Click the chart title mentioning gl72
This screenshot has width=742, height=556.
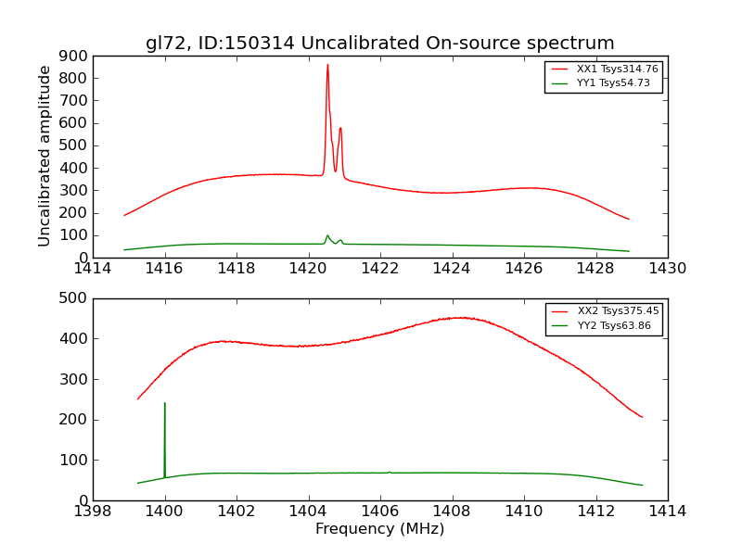(x=379, y=44)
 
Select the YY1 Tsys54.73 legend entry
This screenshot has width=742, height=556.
(x=613, y=83)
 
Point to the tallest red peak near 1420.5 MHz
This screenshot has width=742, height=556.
(x=327, y=65)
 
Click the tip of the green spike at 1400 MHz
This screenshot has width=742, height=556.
(x=165, y=403)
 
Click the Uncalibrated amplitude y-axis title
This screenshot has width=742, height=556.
(x=45, y=156)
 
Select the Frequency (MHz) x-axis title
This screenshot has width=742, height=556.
(x=379, y=529)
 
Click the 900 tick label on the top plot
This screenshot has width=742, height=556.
(x=73, y=56)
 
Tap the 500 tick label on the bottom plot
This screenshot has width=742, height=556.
(x=73, y=298)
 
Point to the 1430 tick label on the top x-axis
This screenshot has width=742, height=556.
(x=667, y=269)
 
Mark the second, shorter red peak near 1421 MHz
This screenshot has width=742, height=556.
(x=340, y=129)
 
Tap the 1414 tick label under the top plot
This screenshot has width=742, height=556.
(x=93, y=269)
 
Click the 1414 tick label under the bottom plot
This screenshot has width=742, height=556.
(x=667, y=512)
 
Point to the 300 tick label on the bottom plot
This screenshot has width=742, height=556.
(x=73, y=379)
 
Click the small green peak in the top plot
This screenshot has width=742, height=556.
(x=327, y=235)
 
